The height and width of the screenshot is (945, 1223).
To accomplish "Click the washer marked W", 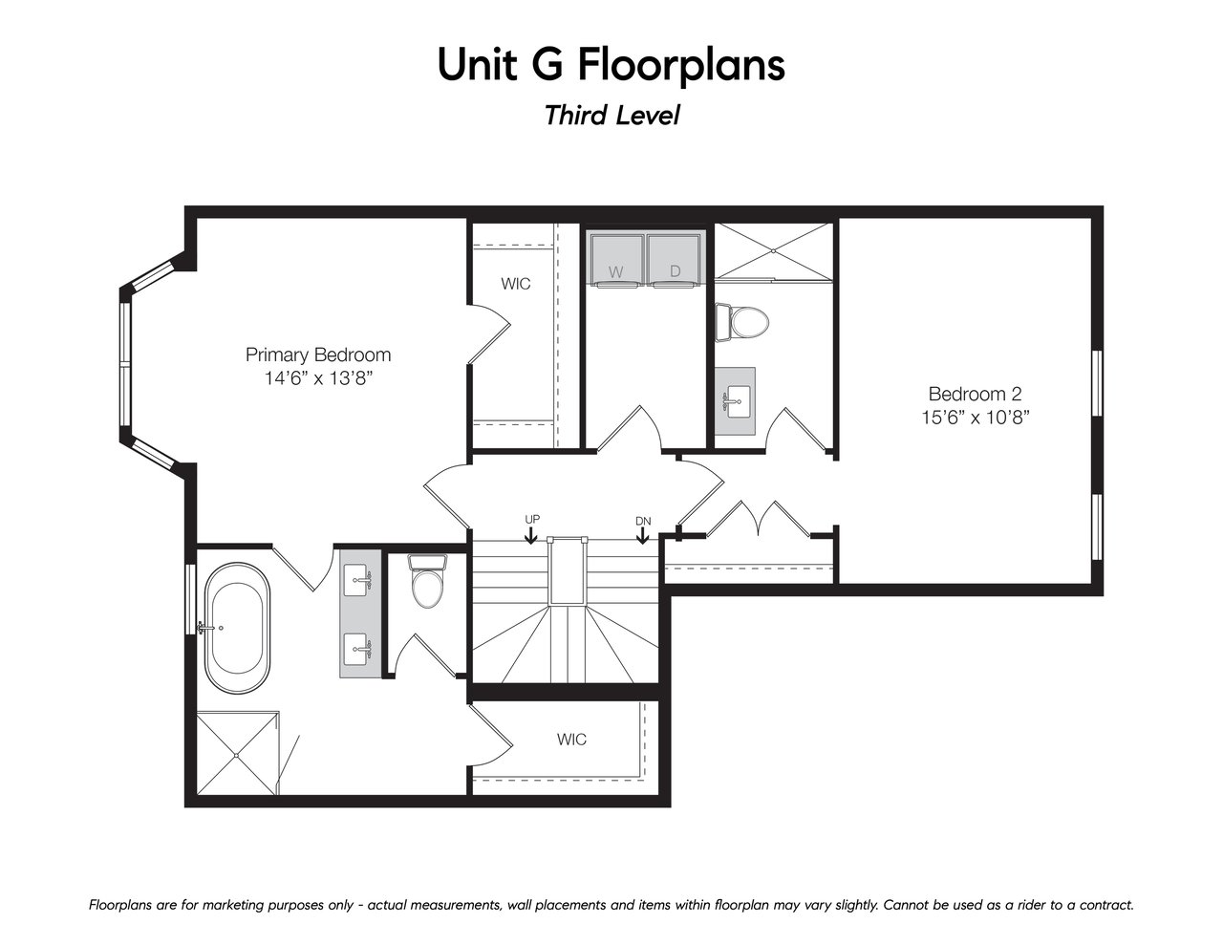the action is (x=616, y=260).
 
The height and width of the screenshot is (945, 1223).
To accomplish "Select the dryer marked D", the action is (x=675, y=260).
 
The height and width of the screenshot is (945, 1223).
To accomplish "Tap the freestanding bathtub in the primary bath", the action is (x=237, y=628).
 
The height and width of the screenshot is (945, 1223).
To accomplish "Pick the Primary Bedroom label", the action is (x=318, y=354).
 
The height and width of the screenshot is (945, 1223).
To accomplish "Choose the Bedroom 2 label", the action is (x=975, y=394).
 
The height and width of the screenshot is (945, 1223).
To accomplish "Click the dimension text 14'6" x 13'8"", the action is (x=319, y=377).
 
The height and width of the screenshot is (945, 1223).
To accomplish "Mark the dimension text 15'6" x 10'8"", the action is (x=976, y=417).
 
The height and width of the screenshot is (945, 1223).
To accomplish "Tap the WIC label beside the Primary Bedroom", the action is (x=516, y=284).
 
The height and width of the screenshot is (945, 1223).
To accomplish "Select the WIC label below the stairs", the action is (x=571, y=739).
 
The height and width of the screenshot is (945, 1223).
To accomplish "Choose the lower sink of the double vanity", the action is (x=357, y=649).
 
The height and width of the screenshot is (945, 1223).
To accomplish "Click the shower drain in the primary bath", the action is (x=237, y=755).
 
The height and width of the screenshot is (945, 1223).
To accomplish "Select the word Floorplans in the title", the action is (x=681, y=65).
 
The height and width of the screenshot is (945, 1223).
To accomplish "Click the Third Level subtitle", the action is (x=612, y=116).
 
